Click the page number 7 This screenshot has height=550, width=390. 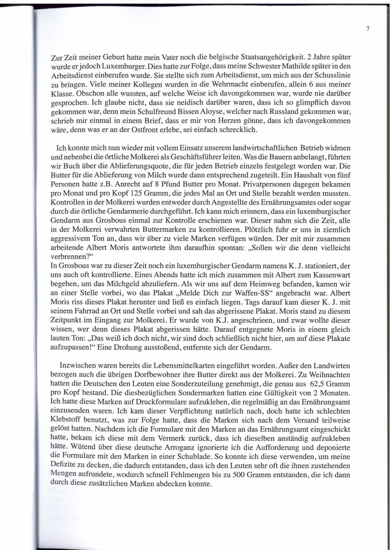click(368, 29)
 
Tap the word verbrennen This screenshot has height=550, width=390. click(66, 256)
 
